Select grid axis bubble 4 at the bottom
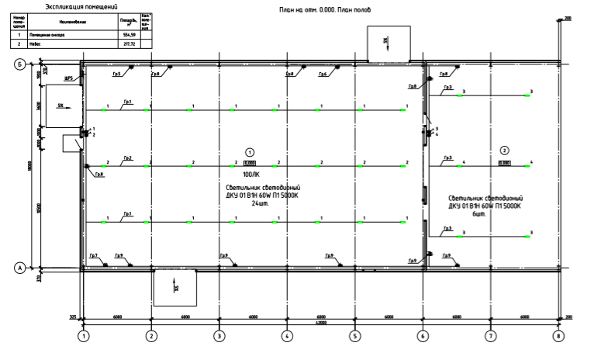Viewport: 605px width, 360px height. (x=287, y=337)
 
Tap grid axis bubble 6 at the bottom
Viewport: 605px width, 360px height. (x=423, y=337)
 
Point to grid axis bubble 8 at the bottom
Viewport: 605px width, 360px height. (x=558, y=337)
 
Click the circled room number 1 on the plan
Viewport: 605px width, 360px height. (x=250, y=152)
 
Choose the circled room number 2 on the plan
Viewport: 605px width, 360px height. (x=504, y=151)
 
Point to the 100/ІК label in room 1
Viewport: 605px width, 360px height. (x=250, y=175)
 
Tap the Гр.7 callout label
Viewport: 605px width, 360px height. (x=93, y=256)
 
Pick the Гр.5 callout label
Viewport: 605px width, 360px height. (x=116, y=74)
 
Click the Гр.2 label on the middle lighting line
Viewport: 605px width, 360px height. (x=127, y=159)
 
